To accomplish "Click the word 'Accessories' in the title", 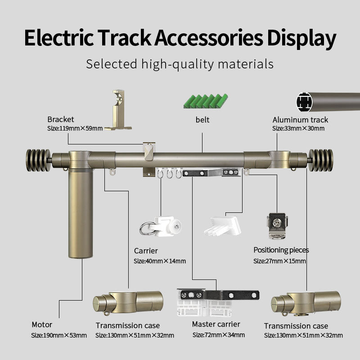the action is coord(209,38).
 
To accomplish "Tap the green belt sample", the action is coord(206,101).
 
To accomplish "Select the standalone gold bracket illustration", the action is coord(118,110).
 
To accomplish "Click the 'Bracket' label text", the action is coord(61,119).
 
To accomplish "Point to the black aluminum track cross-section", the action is coord(305,102).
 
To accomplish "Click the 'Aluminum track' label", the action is coord(300,120).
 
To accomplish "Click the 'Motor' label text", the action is coord(42,324).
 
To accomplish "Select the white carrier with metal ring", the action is coord(161,226).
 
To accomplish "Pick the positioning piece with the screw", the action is coord(277,226).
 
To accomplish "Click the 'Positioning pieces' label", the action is coord(281,250).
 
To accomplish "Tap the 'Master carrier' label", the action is coord(216,324).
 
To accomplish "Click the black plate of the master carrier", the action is coord(220,295).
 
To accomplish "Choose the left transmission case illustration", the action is coord(128,302).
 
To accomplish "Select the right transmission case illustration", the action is coord(306,303).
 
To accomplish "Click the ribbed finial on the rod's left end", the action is coord(38,160).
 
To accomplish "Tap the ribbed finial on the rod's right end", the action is coord(321,160).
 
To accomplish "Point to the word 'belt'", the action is coord(202,120).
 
